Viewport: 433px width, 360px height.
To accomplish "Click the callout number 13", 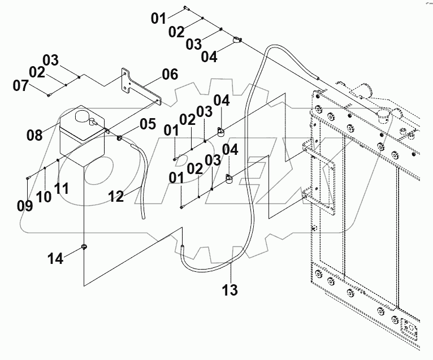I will click(230, 290).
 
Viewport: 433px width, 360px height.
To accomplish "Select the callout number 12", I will click(116, 196).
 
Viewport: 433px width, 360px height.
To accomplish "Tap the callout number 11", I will click(62, 188).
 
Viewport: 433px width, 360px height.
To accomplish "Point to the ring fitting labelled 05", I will click(120, 138).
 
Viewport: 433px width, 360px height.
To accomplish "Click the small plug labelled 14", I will click(84, 246).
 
